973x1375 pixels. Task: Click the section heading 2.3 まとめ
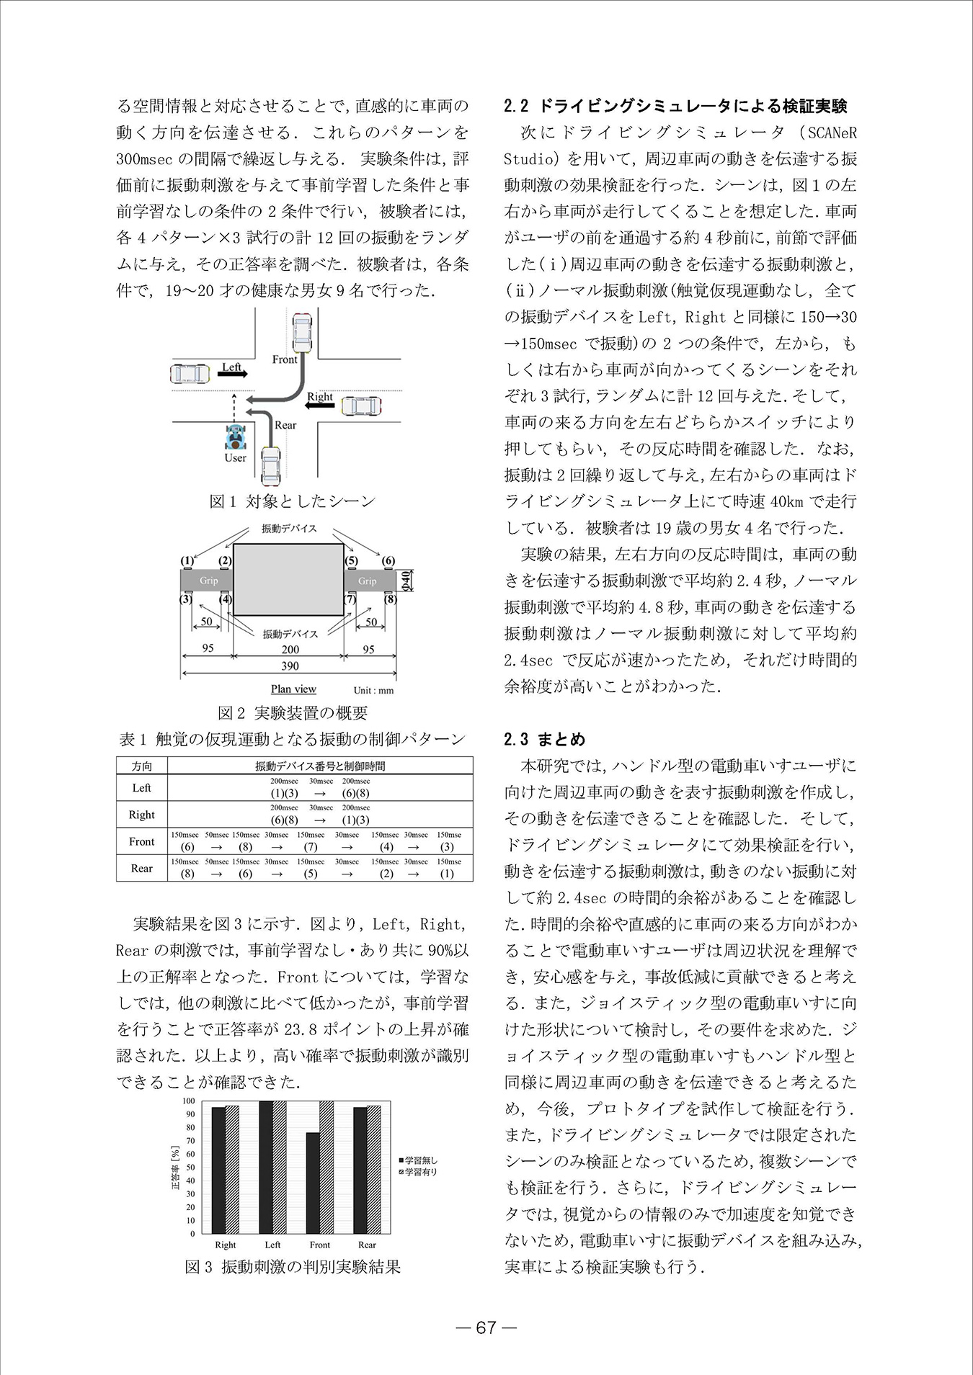tap(545, 739)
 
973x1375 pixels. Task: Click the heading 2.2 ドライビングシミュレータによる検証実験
tap(675, 106)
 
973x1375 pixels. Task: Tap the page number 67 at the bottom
tap(487, 1327)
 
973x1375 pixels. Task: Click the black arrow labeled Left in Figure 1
tap(233, 374)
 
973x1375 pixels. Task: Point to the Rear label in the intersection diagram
tap(285, 425)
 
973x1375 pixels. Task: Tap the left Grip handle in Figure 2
tap(208, 581)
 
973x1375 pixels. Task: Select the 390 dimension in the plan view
tap(289, 666)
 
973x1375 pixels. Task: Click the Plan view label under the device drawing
tap(293, 689)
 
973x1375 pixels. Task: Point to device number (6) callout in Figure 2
tap(388, 560)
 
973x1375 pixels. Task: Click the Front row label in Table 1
tap(142, 841)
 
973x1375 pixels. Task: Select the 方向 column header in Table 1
tap(142, 766)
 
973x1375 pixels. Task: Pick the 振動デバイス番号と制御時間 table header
tap(320, 766)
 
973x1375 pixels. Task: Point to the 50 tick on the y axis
tap(191, 1168)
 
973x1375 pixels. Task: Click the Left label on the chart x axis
tap(272, 1244)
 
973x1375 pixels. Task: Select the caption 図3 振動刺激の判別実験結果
tap(293, 1266)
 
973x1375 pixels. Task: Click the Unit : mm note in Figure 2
tap(373, 690)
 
